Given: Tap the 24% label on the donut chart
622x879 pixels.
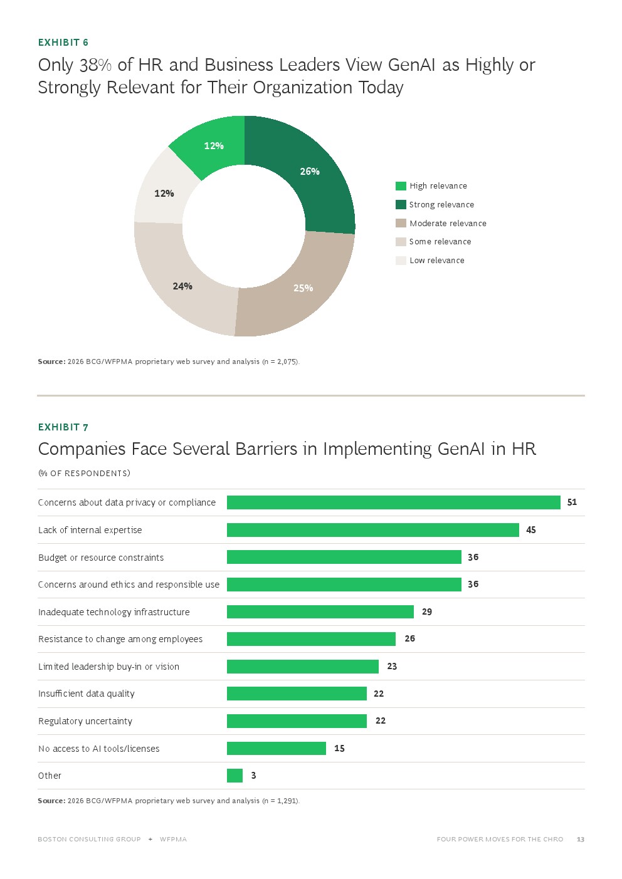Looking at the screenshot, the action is point(182,286).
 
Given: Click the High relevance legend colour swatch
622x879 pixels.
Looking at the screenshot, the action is point(401,186).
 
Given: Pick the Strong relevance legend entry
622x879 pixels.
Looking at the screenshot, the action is point(435,204).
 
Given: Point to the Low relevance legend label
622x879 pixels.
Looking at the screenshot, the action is point(436,260).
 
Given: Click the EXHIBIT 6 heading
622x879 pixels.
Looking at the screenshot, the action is point(63,43).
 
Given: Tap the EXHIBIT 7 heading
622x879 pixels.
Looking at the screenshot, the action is point(63,427).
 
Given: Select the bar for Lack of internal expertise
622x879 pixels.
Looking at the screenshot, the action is point(372,530).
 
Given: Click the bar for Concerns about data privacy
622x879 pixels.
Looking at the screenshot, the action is point(394,502).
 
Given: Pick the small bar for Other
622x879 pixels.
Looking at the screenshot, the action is point(235,776).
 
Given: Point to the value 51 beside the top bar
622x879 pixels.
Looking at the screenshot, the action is point(572,502).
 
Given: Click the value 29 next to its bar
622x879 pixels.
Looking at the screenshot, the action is point(427,611).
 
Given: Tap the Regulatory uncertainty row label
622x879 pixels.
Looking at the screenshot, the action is point(85,721).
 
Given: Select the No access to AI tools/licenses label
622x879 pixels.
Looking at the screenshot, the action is point(98,748).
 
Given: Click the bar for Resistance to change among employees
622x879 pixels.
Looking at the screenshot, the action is point(311,639).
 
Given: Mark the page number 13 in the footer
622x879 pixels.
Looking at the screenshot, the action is point(581,839).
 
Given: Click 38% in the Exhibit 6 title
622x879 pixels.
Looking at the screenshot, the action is point(95,65).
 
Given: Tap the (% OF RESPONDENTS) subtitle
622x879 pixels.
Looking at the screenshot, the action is point(84,473).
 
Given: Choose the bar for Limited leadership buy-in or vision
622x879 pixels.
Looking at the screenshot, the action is point(303,667).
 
